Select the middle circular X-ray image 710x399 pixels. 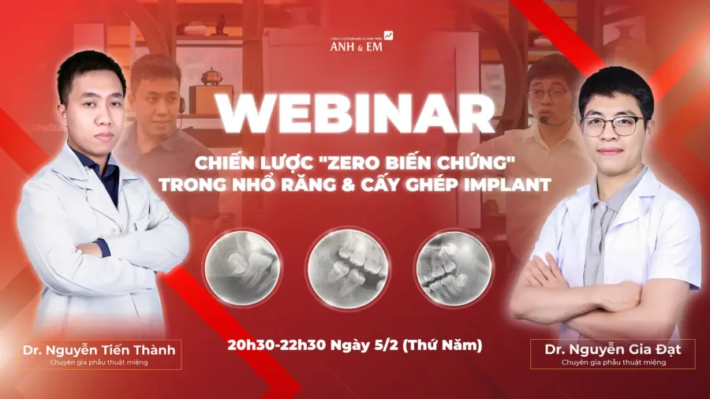pos(346,267)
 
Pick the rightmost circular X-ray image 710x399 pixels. pos(454,267)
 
